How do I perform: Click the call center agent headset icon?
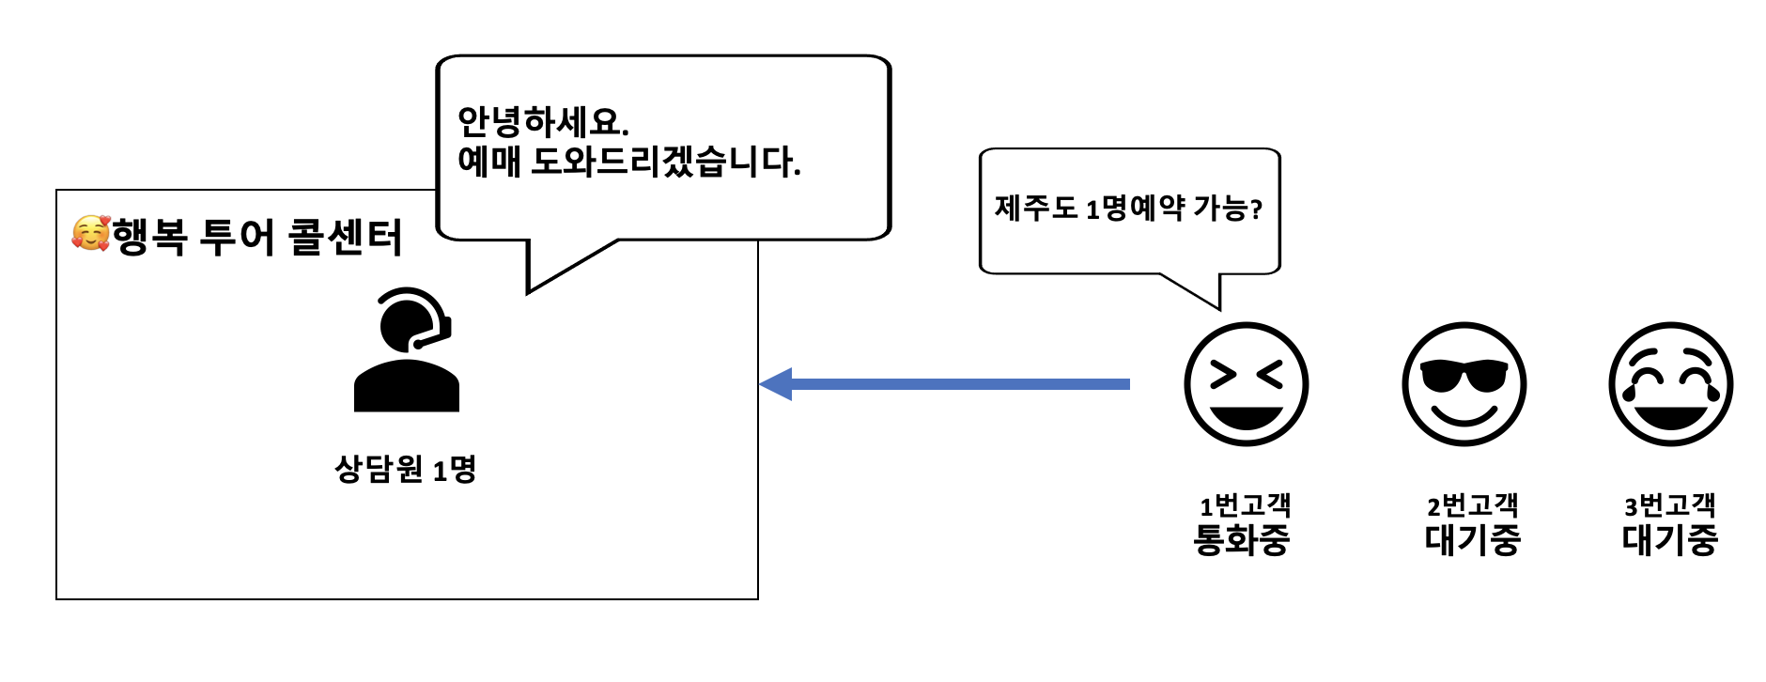[407, 349]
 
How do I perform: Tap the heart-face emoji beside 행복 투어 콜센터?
[91, 234]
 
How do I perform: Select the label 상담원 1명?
[406, 468]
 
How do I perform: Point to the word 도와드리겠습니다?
[665, 163]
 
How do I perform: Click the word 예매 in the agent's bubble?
[488, 163]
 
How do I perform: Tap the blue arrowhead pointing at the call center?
[777, 383]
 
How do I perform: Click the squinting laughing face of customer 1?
[1246, 383]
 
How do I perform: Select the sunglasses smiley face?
[1464, 383]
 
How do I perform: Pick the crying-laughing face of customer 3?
[1670, 383]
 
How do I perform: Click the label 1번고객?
[1245, 506]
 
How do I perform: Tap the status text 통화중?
[1242, 540]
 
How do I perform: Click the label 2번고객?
[1472, 506]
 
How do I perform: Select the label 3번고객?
[1669, 506]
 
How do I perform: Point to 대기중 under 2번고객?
[1472, 540]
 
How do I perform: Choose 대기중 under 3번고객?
[1669, 540]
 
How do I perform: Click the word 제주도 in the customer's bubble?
[1036, 208]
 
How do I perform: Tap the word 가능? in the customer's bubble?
[1228, 208]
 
